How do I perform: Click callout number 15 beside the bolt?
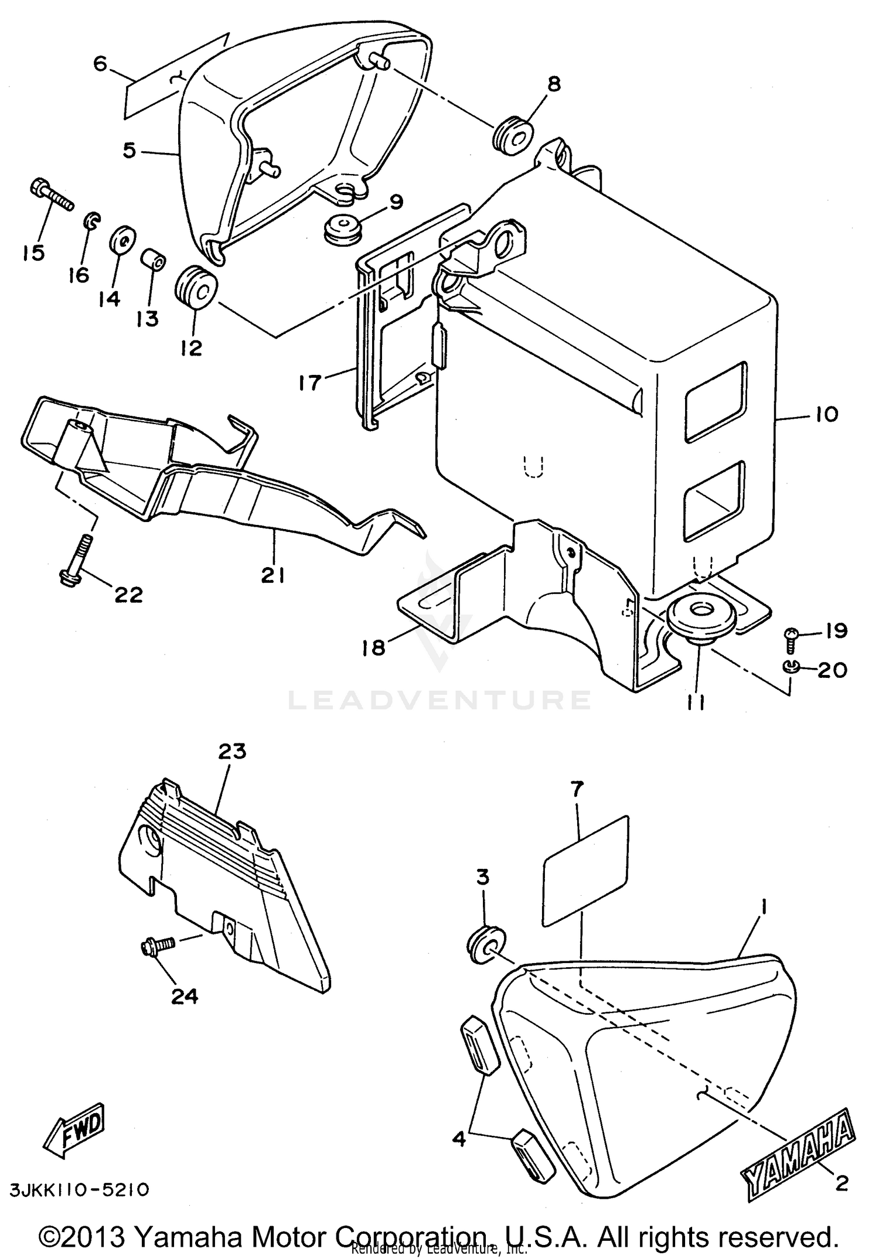tap(34, 253)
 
